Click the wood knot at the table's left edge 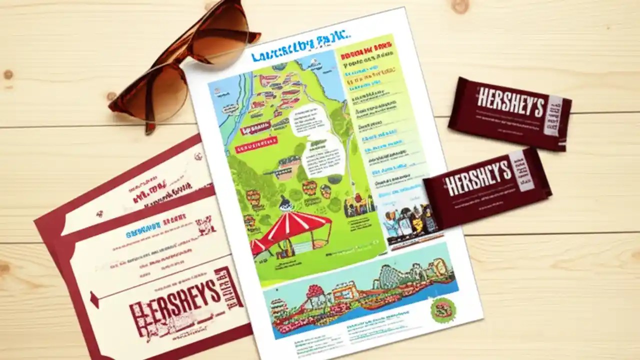coord(7,75)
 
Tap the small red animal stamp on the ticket coord(205,225)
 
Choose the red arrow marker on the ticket coord(93,299)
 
